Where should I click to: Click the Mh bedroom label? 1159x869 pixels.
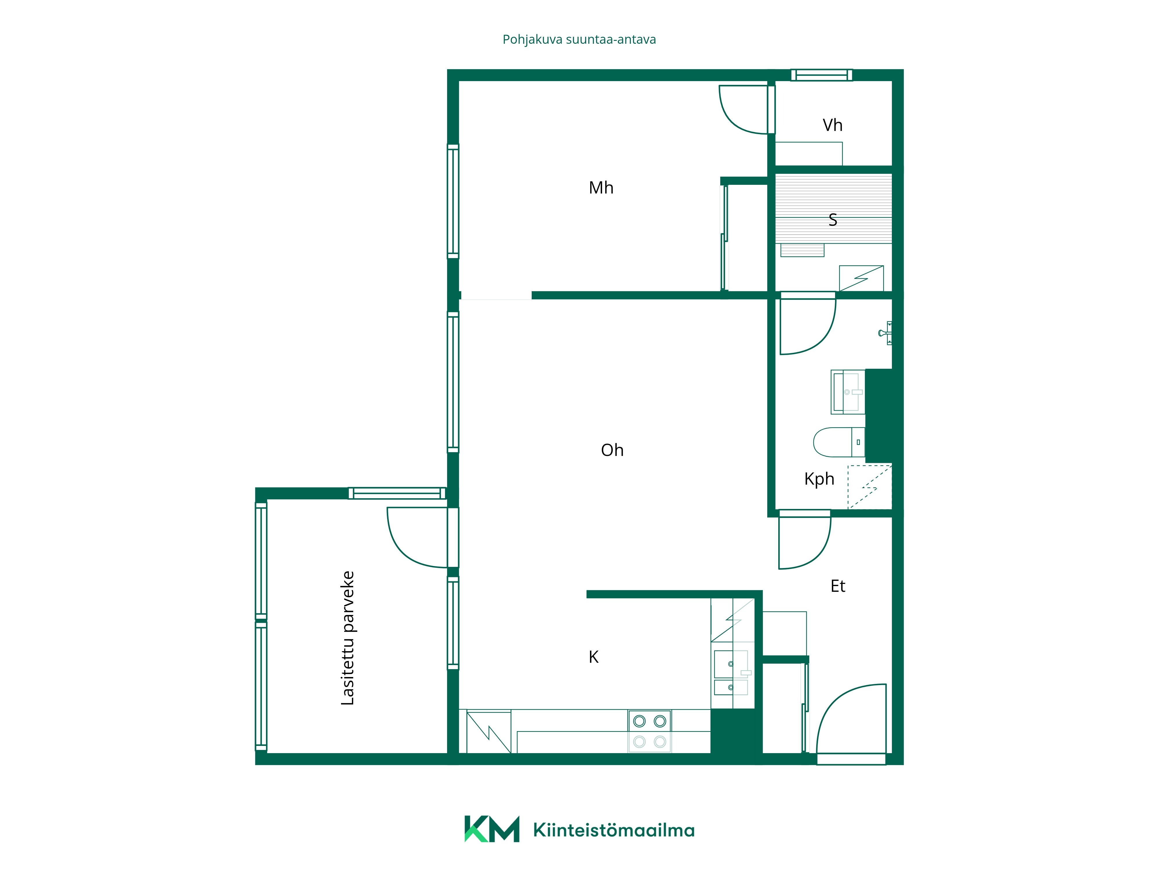point(601,187)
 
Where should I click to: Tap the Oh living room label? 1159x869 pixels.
point(612,450)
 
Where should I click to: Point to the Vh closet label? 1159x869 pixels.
point(832,125)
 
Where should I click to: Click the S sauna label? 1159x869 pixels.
point(832,220)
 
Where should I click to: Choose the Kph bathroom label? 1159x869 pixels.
point(819,479)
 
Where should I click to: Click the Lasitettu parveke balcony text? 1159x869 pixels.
point(347,638)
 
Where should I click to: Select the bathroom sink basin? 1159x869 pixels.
point(848,392)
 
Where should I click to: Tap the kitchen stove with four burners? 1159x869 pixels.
point(650,731)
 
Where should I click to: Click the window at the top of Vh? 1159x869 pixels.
point(821,75)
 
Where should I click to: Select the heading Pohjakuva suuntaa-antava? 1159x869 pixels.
point(579,40)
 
